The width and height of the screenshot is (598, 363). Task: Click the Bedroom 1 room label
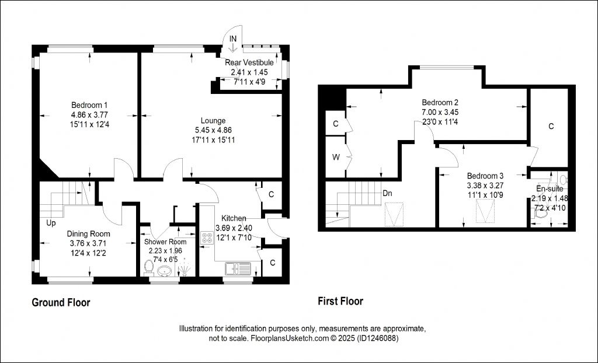click(x=89, y=105)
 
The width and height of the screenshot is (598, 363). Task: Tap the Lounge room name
click(x=213, y=121)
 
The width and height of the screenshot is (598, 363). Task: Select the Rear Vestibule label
click(x=249, y=62)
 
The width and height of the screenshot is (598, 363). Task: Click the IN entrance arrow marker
click(x=233, y=43)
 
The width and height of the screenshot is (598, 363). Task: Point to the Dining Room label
click(x=89, y=234)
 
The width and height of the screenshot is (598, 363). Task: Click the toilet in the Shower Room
click(x=149, y=268)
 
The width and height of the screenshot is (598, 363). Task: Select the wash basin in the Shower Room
click(x=164, y=271)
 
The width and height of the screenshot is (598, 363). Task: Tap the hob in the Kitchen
click(x=207, y=238)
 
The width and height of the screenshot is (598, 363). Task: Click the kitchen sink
click(x=238, y=268)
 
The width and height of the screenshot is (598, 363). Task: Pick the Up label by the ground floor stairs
click(x=51, y=222)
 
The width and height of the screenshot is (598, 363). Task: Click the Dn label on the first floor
click(x=388, y=193)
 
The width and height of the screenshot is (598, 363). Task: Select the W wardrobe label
click(x=336, y=157)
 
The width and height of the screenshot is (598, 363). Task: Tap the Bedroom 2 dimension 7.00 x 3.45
click(x=440, y=112)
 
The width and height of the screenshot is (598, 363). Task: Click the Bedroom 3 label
click(x=485, y=176)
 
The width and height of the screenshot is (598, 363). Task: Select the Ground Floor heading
click(x=61, y=303)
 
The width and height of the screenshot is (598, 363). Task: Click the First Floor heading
click(x=340, y=301)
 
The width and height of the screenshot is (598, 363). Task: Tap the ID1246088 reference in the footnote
click(x=378, y=338)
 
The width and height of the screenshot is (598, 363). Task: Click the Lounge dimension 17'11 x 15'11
click(x=213, y=140)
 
